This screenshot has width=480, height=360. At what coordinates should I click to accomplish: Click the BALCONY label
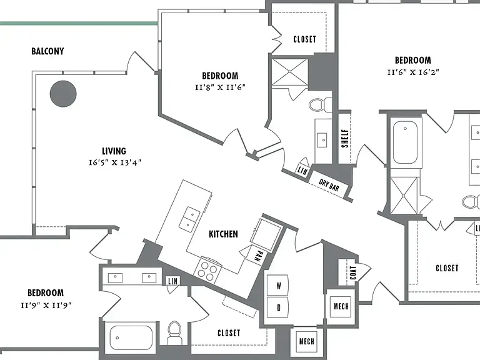click(47, 51)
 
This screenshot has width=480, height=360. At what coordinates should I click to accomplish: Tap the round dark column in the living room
click(63, 94)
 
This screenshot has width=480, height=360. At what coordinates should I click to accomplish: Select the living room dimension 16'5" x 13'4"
click(115, 162)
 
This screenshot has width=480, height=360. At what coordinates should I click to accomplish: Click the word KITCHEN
click(223, 234)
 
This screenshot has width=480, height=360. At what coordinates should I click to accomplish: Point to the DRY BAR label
click(329, 184)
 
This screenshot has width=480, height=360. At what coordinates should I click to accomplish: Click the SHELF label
click(345, 138)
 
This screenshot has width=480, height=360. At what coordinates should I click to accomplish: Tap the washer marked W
click(277, 286)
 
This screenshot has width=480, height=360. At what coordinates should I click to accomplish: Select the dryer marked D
click(277, 307)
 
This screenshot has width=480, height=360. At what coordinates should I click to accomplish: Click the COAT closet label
click(353, 272)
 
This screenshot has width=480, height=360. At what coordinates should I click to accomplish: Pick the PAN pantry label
click(259, 256)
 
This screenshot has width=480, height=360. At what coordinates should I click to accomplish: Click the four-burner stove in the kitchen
click(207, 270)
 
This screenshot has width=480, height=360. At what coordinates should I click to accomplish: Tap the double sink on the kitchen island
click(189, 219)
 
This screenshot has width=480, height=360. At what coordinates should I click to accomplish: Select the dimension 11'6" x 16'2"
click(413, 72)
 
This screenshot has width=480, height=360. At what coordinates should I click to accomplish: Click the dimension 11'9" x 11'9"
click(46, 305)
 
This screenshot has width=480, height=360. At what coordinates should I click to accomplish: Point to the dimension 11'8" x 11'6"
click(220, 87)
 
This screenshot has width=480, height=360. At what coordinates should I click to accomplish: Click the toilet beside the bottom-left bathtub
click(175, 332)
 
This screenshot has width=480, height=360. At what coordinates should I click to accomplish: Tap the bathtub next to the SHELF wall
click(405, 143)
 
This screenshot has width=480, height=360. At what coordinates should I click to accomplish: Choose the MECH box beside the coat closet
click(341, 306)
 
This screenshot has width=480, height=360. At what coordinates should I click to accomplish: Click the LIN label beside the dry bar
click(302, 171)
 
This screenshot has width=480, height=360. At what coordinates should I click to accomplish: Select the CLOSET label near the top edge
click(304, 39)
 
